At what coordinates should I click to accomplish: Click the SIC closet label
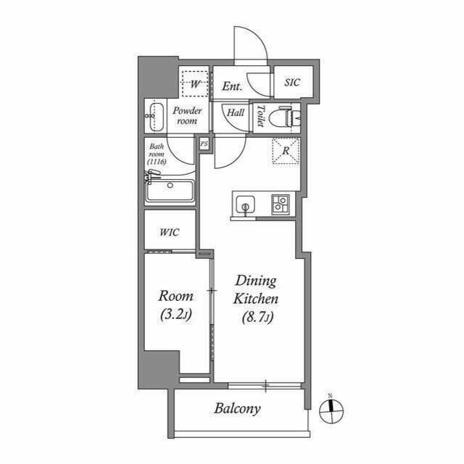(x=292, y=82)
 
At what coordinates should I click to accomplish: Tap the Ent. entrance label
(x=232, y=86)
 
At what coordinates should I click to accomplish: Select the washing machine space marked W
(x=195, y=84)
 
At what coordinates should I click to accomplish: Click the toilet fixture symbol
(x=285, y=117)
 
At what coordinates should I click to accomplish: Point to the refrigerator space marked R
(x=286, y=150)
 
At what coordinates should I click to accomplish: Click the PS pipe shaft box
(x=204, y=144)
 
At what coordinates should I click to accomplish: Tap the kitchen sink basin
(x=245, y=204)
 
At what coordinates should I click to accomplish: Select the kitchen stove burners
(x=281, y=204)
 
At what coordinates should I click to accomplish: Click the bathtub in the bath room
(x=170, y=191)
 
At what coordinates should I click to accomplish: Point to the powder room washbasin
(x=155, y=117)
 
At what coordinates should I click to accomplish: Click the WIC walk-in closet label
(x=170, y=232)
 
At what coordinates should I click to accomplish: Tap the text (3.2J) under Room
(x=175, y=315)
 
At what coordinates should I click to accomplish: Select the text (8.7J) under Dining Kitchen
(x=257, y=318)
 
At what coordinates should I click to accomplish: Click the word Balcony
(x=237, y=409)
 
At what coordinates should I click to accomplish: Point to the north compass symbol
(x=331, y=410)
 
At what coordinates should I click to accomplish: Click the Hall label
(x=236, y=112)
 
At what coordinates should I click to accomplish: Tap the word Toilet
(x=261, y=116)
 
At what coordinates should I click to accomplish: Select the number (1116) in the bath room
(x=157, y=162)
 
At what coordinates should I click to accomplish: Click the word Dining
(x=256, y=281)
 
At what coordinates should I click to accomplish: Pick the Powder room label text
(x=187, y=116)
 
